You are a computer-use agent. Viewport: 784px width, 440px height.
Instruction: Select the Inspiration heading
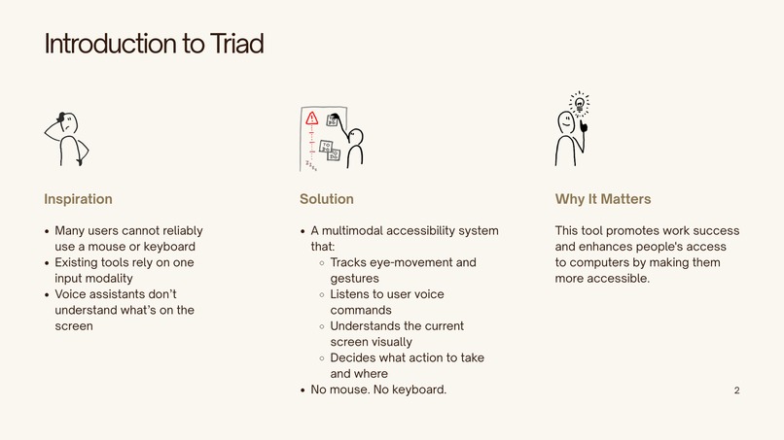pos(78,199)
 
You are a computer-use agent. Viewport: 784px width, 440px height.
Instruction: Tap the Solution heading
pos(327,199)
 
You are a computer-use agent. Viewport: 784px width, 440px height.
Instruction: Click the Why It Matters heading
pos(603,199)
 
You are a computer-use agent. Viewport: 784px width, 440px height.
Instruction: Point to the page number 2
pos(736,390)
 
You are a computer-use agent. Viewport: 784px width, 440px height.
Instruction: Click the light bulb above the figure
pos(580,102)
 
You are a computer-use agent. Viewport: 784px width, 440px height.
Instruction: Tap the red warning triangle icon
pos(311,118)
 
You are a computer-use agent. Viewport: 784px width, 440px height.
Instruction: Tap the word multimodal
pos(362,231)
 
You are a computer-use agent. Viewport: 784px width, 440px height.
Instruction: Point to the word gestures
pos(356,278)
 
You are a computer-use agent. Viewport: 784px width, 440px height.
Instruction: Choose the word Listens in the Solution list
pos(351,293)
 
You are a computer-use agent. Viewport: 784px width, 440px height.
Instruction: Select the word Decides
pos(353,357)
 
